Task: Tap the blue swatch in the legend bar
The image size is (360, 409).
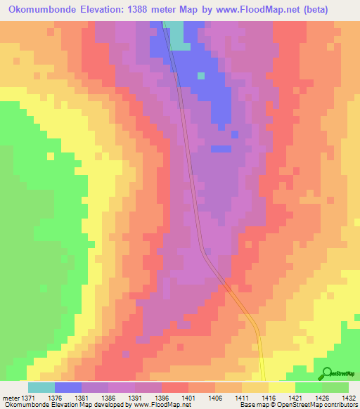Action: [68, 387]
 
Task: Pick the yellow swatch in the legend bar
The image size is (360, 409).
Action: [281, 387]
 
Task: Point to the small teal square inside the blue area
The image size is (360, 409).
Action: [201, 75]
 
